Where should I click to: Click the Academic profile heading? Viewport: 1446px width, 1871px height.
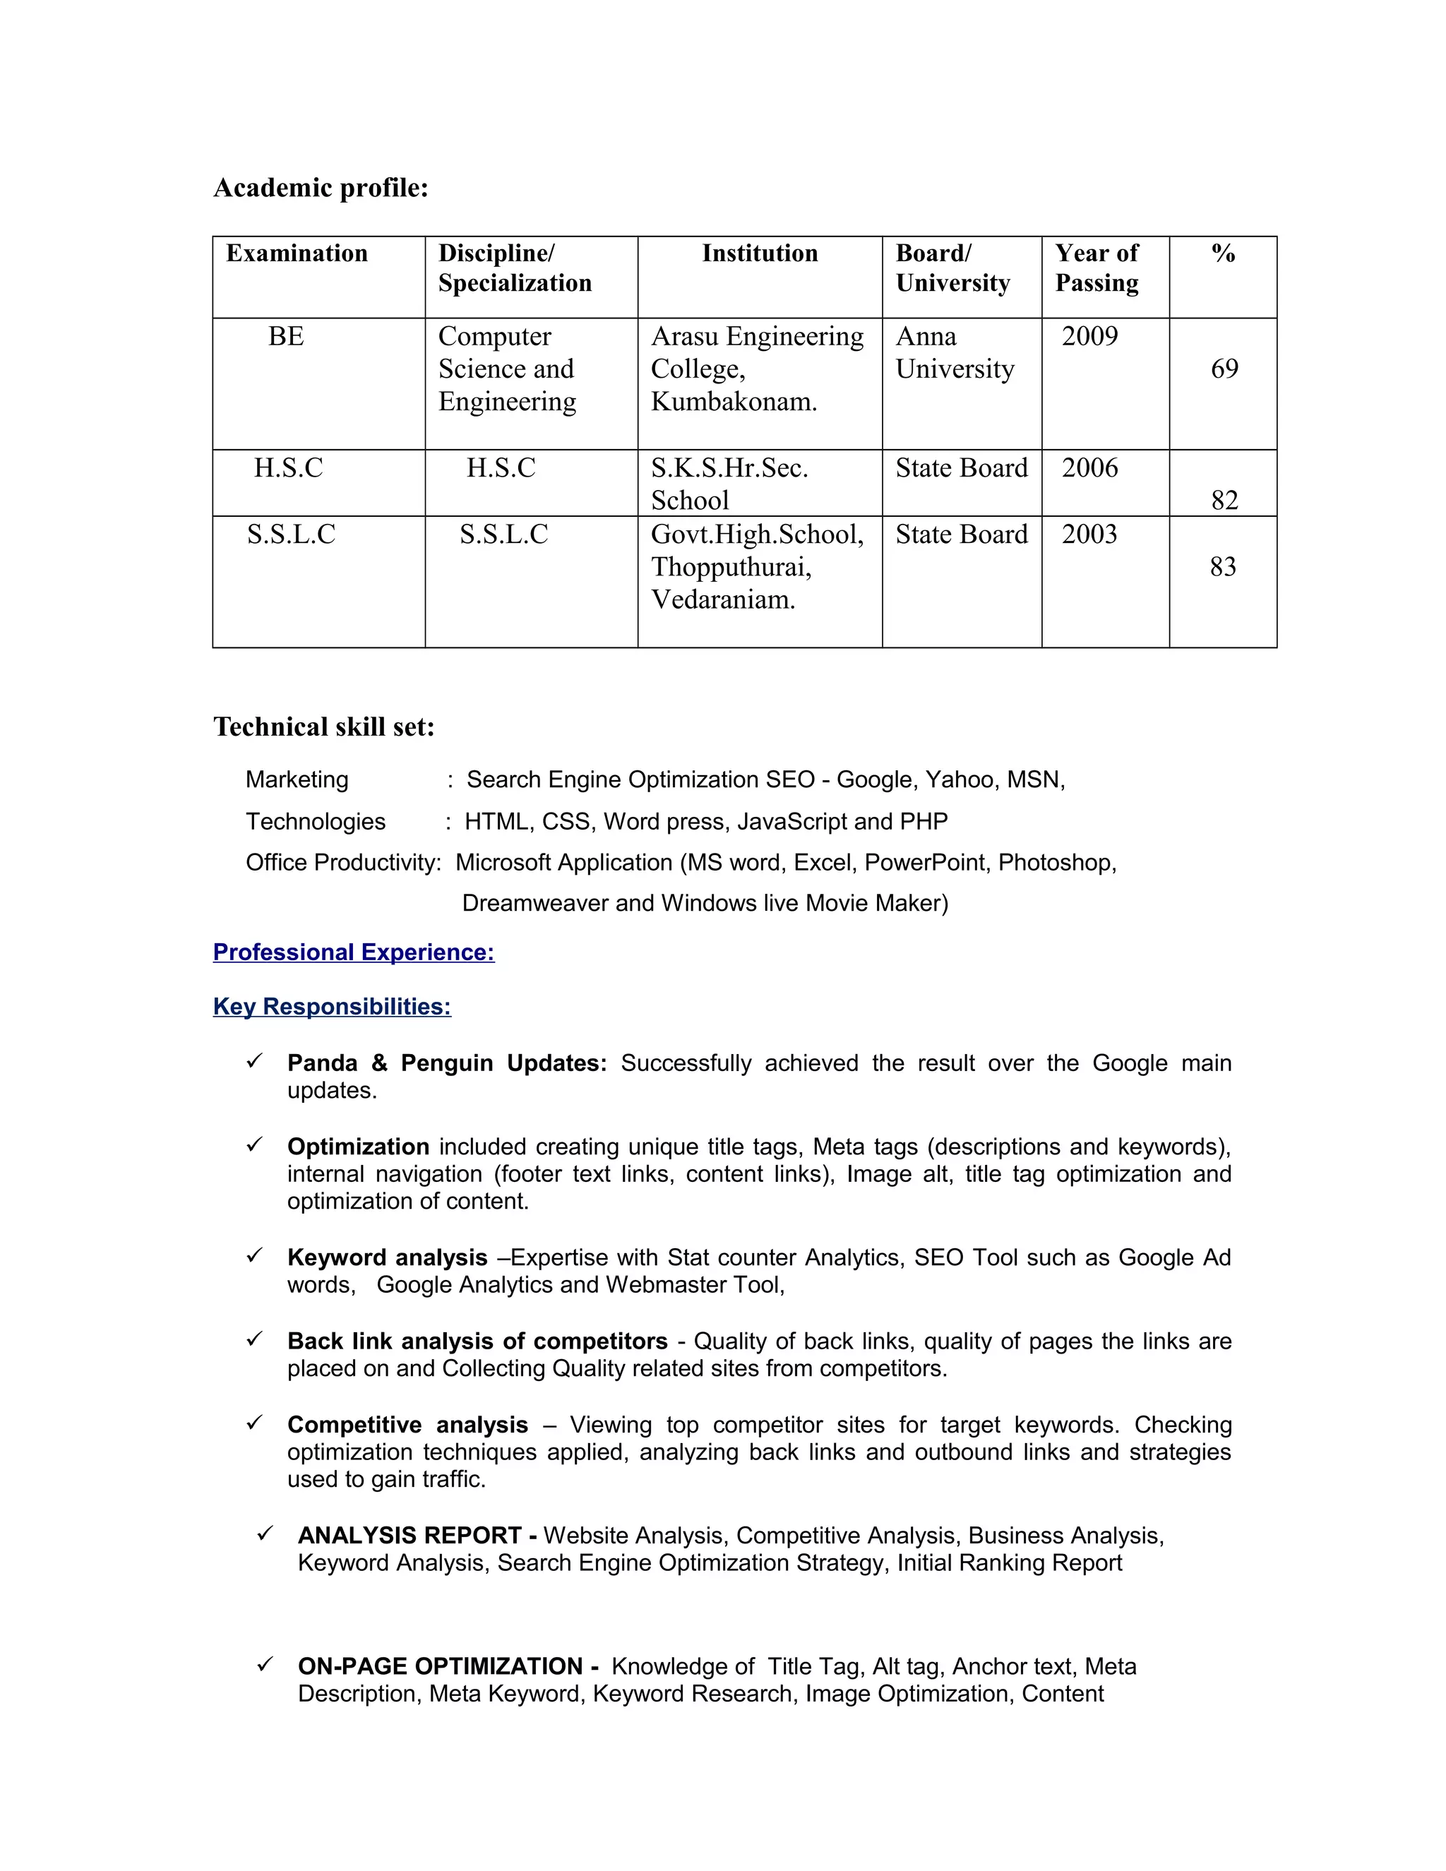tap(321, 188)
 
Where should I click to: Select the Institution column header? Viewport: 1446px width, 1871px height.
tap(759, 253)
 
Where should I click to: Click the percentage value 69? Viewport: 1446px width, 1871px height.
tap(1224, 369)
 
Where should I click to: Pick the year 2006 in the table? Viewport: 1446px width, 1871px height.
tap(1089, 467)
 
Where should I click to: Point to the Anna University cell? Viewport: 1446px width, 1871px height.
tap(955, 353)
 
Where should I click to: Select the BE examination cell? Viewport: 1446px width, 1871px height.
tap(285, 337)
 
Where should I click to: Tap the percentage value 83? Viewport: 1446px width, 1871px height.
tap(1222, 567)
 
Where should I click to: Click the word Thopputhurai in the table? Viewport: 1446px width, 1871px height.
tap(731, 567)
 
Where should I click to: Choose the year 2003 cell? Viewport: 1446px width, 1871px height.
tap(1089, 534)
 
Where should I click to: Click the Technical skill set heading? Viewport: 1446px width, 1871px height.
tap(324, 727)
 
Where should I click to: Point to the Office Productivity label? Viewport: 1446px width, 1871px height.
tap(342, 863)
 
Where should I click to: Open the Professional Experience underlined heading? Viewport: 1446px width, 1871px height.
tap(353, 952)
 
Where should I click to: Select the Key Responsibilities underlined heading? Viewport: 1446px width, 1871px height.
tap(332, 1007)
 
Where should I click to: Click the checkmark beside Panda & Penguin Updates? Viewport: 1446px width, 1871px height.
tap(253, 1061)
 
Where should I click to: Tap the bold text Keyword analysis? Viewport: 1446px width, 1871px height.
tap(386, 1257)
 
